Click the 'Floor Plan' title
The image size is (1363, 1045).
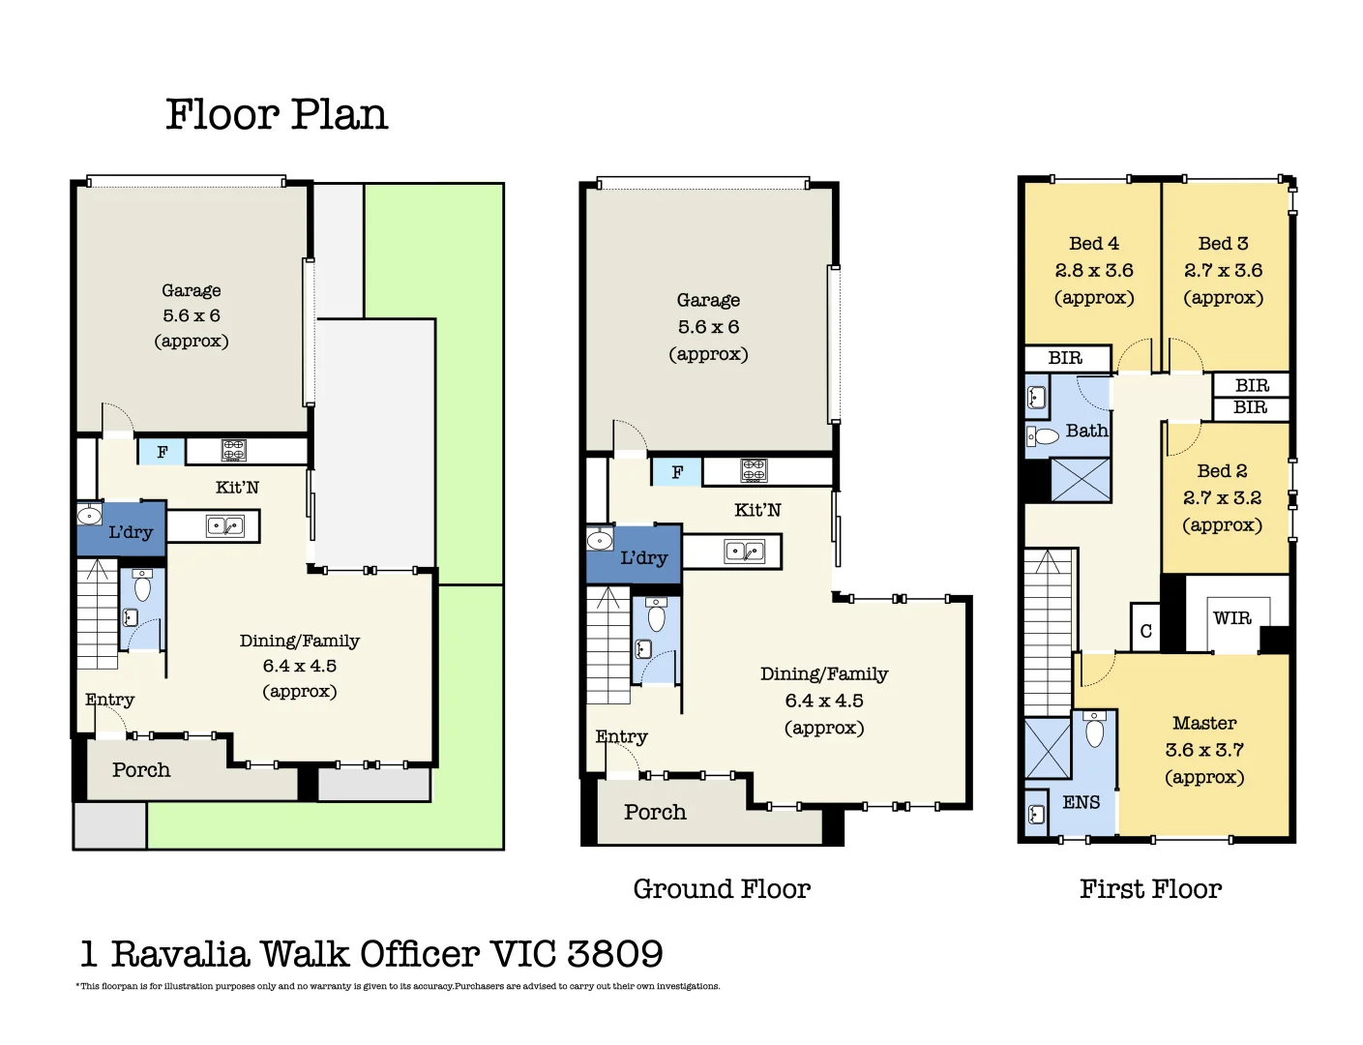tap(277, 115)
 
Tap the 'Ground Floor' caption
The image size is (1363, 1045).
tap(722, 889)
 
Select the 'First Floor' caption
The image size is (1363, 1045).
tap(1150, 889)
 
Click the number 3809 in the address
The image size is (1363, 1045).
tap(615, 954)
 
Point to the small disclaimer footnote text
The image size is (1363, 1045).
tap(398, 986)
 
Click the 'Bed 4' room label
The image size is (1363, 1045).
tap(1094, 244)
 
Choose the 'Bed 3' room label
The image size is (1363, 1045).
tap(1223, 244)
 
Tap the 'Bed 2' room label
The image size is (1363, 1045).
tap(1222, 471)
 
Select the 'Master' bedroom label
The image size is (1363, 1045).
tap(1204, 723)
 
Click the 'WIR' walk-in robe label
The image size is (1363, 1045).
tap(1232, 618)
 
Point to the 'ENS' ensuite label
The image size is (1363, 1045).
tap(1081, 802)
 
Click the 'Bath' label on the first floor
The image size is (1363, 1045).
tap(1086, 431)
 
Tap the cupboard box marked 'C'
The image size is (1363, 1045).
tap(1145, 631)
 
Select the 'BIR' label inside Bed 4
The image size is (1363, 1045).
tap(1065, 358)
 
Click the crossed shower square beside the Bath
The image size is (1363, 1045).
tap(1080, 480)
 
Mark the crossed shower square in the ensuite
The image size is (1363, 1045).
tap(1048, 748)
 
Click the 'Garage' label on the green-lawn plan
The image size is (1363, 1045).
tap(192, 290)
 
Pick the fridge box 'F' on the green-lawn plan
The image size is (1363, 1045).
tap(162, 452)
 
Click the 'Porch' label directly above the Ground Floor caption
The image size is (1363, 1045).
tap(655, 813)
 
